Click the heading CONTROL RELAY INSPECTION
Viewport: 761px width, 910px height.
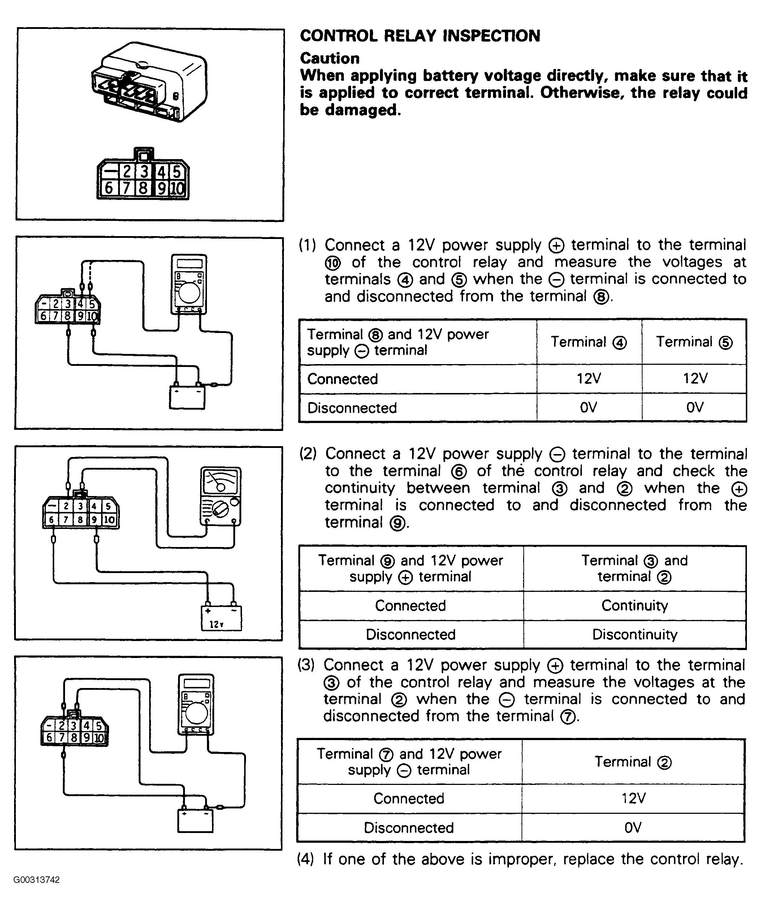coord(420,36)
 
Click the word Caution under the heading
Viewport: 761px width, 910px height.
coord(330,59)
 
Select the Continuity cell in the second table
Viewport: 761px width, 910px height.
coord(635,605)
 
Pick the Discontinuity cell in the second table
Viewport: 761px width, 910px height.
coord(635,635)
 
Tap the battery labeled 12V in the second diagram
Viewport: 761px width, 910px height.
coord(221,618)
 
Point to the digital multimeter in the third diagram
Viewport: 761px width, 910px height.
coord(196,705)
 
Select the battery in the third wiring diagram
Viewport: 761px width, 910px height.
coord(195,821)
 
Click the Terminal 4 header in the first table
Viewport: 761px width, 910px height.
coord(589,342)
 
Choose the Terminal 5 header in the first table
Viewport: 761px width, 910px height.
coord(694,342)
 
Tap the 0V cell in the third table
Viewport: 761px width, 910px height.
coord(633,828)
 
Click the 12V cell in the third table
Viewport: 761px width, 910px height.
coord(633,798)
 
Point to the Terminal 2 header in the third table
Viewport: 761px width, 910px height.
coord(633,762)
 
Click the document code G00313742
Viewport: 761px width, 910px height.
coord(36,880)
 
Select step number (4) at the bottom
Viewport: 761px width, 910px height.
coord(306,859)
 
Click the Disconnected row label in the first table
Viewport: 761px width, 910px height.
coord(352,408)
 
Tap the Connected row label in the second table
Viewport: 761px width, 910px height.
coord(410,605)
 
